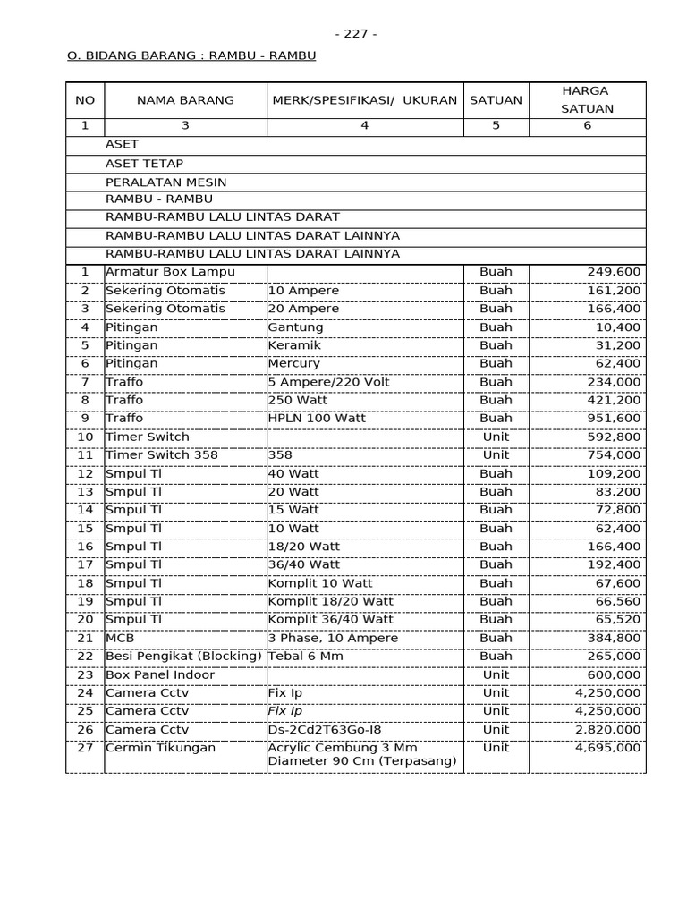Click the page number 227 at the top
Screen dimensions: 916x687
[355, 34]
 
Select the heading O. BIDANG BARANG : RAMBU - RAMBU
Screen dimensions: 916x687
[191, 55]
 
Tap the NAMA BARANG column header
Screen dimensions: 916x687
[185, 100]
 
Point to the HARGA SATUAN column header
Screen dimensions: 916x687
[587, 100]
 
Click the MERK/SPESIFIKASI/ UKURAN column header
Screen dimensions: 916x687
[364, 100]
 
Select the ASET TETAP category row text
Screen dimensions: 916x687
[144, 164]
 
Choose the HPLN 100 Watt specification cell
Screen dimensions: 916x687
[317, 419]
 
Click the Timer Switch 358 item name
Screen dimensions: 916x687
[161, 455]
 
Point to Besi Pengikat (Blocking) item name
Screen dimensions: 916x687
[183, 657]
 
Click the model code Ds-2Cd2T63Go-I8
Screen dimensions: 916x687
[323, 729]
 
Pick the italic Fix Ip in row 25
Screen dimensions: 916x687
[285, 711]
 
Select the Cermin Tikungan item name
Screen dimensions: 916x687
[160, 748]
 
